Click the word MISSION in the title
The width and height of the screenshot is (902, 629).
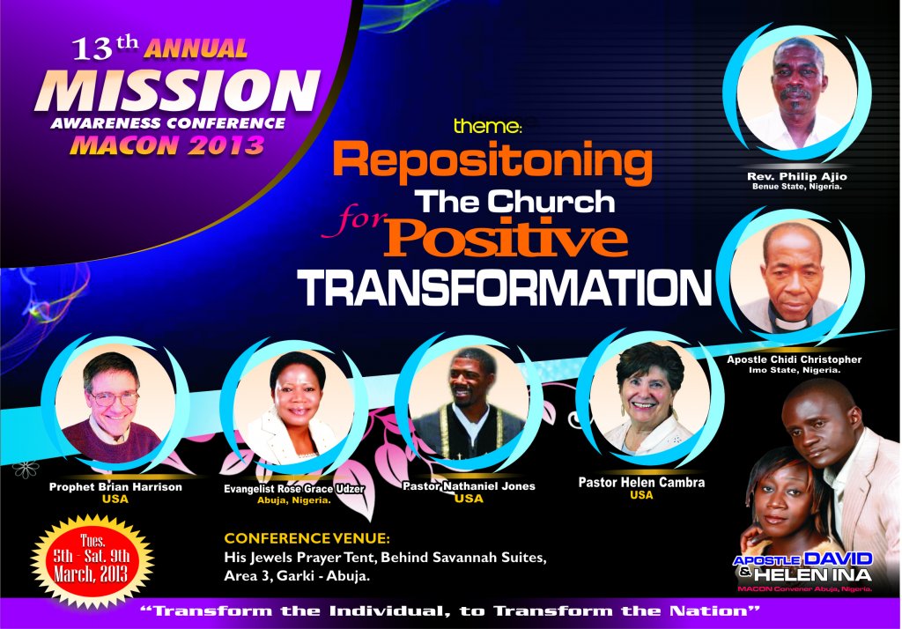coord(177,91)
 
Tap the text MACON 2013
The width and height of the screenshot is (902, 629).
coord(166,145)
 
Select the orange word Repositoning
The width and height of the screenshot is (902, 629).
coord(492,163)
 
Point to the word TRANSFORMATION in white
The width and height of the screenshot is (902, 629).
coord(505,287)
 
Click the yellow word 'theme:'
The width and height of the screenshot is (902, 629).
coord(486,126)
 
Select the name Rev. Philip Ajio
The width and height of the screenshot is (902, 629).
coord(796,176)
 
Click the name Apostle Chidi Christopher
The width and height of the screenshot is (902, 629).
coord(794,359)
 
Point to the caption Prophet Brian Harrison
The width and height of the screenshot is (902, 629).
coord(115,487)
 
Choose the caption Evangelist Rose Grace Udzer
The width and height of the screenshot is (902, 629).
coord(294,489)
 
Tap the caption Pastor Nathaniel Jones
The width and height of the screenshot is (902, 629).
coord(469,486)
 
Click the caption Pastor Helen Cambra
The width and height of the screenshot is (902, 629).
coord(641,482)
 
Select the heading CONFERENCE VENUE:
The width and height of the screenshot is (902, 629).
coord(307,538)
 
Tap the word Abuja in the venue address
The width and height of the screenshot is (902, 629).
coord(347,576)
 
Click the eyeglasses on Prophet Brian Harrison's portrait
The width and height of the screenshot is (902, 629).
coord(114,398)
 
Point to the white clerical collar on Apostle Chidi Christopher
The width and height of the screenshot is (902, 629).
coord(791,324)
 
